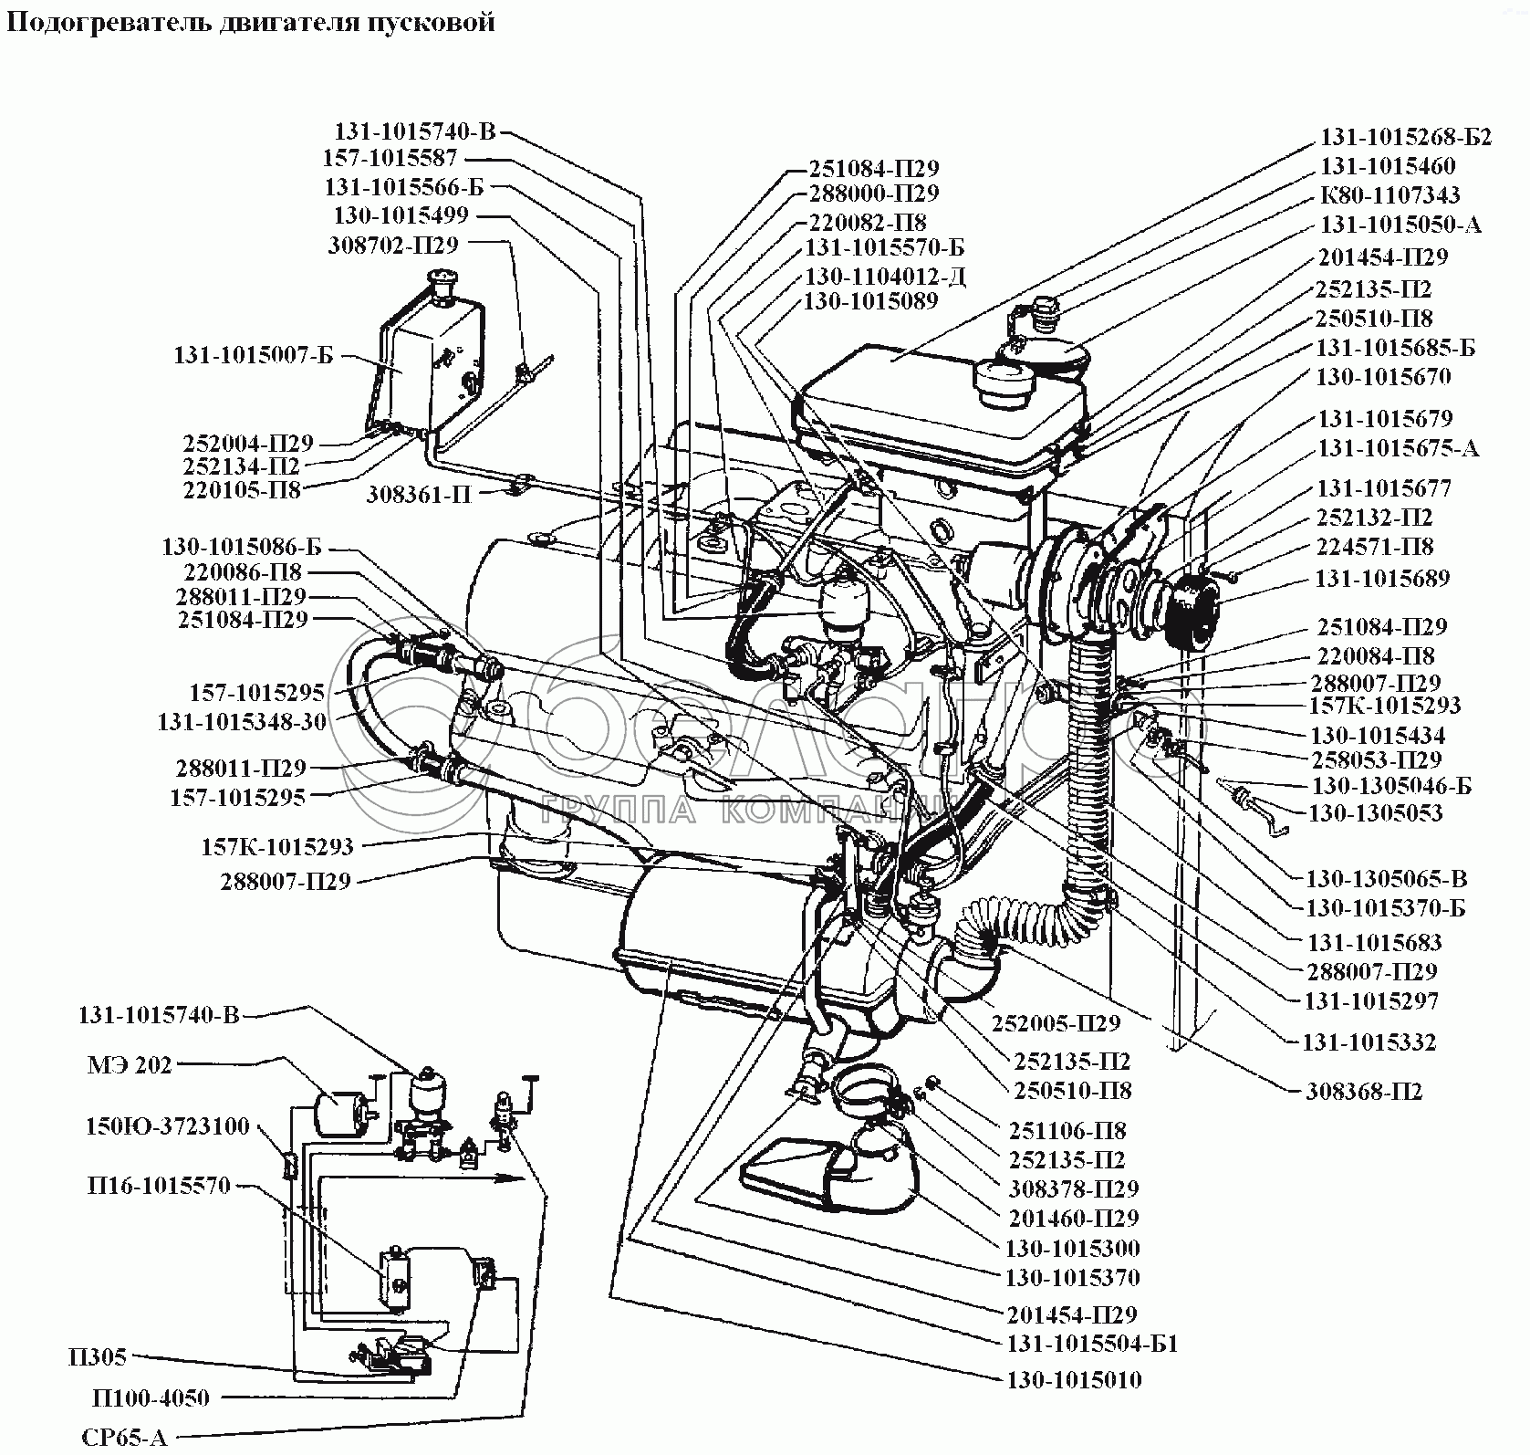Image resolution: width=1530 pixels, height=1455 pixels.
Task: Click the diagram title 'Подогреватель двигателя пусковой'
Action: (x=251, y=21)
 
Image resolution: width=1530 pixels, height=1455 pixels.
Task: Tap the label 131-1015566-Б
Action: (x=404, y=187)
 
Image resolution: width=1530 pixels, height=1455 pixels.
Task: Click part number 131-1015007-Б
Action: (x=254, y=356)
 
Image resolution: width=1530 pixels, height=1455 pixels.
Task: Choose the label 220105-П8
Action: (x=242, y=490)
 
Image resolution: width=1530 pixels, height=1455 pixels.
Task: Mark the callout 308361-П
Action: (x=420, y=495)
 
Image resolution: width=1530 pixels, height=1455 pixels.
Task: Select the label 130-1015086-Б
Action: (x=242, y=547)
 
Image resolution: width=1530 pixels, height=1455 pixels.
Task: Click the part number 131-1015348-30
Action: (x=243, y=721)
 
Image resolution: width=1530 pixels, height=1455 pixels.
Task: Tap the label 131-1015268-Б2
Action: (x=1406, y=137)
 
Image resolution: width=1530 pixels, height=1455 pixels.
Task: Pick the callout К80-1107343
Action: (x=1389, y=194)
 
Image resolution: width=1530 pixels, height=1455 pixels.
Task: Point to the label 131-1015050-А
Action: (x=1400, y=225)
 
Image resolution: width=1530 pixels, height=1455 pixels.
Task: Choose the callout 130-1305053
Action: (x=1376, y=812)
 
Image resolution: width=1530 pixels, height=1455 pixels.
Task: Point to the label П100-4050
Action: (x=151, y=1397)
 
